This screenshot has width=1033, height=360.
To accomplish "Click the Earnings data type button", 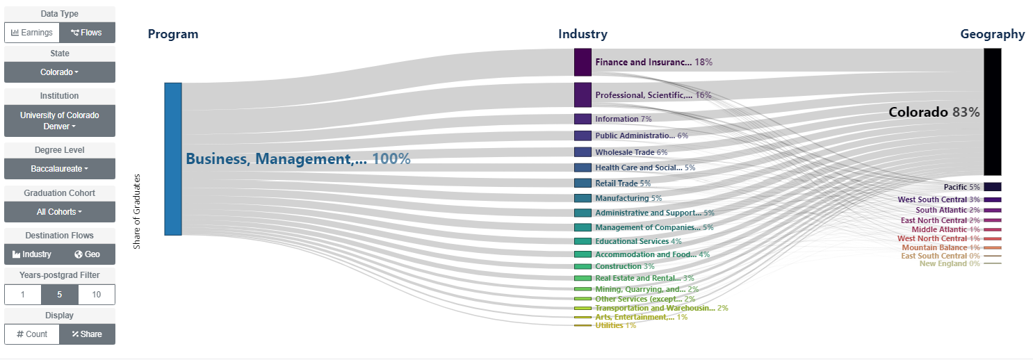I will (31, 33).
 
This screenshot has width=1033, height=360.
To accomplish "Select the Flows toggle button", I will (87, 33).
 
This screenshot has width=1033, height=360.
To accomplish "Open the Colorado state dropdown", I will (60, 72).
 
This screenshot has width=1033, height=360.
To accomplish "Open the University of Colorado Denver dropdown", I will (60, 120).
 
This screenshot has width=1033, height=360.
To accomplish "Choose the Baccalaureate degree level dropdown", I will (60, 169).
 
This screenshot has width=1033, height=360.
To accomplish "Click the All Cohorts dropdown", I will (60, 212).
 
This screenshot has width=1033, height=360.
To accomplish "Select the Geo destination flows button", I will (88, 254).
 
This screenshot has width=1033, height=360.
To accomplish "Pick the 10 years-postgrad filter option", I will (97, 295).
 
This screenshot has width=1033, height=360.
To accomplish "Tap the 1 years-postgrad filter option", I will (22, 295).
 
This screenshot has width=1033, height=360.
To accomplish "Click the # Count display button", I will (32, 334).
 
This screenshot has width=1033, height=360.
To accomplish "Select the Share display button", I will (87, 334).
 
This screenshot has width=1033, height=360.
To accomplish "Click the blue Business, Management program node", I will (173, 159).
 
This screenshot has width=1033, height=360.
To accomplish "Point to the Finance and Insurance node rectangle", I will (583, 62).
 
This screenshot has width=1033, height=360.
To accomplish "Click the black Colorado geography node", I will (992, 111).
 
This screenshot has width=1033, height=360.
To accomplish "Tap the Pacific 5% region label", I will (961, 187).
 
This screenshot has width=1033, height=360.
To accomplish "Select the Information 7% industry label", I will (623, 119).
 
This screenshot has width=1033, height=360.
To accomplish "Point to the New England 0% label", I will (949, 263).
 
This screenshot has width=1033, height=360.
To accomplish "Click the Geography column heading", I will (992, 34).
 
